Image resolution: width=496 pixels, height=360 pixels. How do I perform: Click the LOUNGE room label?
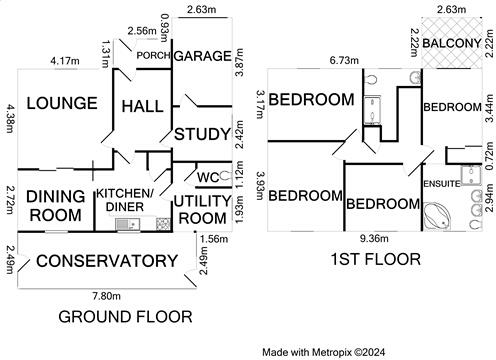point(62,103)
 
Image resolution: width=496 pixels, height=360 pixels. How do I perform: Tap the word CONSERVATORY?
point(107,261)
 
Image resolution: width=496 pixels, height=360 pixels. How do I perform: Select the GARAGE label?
point(203,56)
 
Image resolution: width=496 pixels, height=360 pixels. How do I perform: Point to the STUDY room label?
point(203,134)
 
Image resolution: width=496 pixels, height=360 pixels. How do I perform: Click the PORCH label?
point(153,55)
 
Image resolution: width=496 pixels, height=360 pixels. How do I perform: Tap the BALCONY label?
point(452,43)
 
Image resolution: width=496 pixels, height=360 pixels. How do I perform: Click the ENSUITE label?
point(442,184)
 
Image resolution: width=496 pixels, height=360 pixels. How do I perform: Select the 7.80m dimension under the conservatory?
point(107,296)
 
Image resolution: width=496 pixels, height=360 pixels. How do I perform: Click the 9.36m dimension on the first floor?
point(374,238)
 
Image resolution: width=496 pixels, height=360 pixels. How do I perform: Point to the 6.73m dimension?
point(344,60)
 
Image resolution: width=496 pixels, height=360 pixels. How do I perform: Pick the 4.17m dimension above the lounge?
point(65,61)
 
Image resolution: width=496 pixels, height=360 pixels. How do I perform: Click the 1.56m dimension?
point(214,239)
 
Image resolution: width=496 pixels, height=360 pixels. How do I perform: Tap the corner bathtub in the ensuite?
point(437,215)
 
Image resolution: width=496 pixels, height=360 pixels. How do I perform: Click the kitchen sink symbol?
point(128,224)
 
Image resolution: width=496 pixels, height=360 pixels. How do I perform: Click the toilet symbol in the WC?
point(226,176)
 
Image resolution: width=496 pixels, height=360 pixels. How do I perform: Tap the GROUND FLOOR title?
point(125,317)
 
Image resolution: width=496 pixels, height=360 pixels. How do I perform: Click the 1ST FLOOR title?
point(376,259)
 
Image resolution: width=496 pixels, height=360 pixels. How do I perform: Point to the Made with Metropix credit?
point(323,352)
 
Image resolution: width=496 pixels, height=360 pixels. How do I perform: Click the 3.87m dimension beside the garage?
point(239,62)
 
